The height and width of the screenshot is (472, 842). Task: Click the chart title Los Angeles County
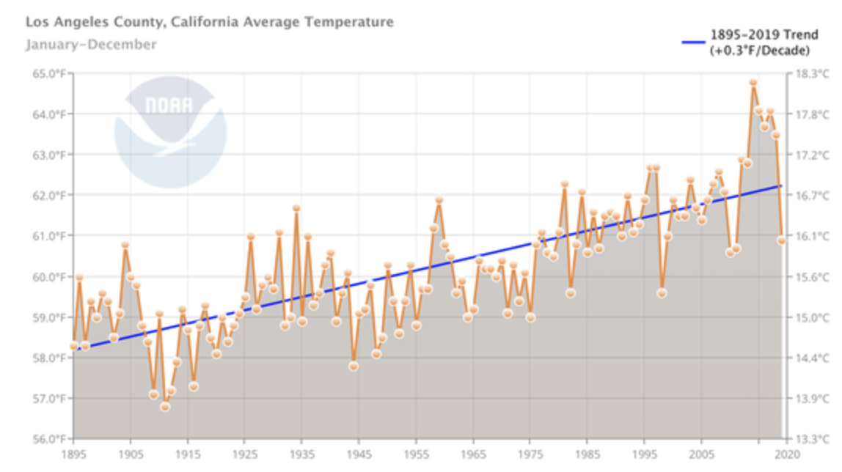pos(209,22)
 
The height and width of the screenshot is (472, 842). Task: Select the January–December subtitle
pos(91,45)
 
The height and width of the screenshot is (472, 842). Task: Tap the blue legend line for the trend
pos(693,43)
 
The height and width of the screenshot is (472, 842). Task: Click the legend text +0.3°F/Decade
pos(759,51)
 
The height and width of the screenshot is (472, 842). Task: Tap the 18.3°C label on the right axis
pos(812,73)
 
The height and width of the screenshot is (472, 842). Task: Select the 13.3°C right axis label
pos(812,439)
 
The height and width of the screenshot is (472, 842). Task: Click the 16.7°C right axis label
pos(812,195)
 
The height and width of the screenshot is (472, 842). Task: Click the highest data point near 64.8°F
pos(753,82)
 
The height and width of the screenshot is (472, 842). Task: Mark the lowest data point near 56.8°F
pos(165,407)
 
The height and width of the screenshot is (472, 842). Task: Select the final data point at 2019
pos(782,240)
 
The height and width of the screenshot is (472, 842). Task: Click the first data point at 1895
pos(73,345)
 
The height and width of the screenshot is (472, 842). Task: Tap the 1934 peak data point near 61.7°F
pos(296,208)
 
